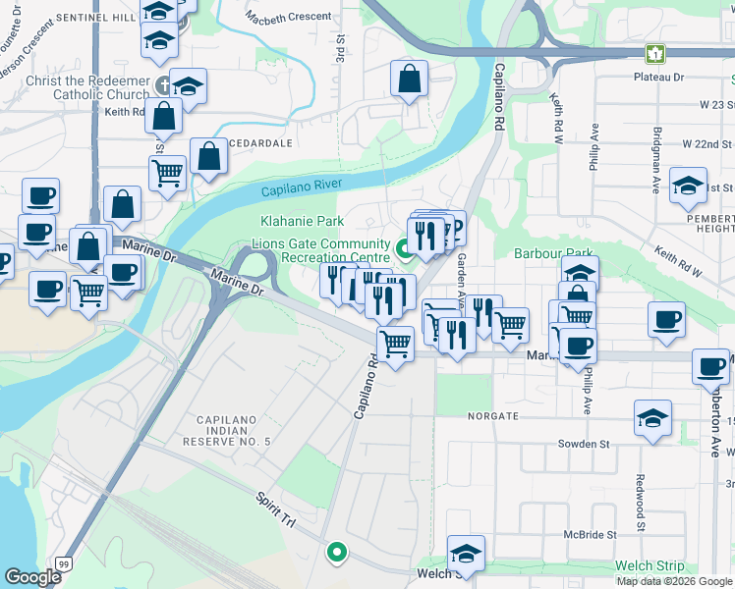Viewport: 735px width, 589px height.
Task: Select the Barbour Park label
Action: point(551,253)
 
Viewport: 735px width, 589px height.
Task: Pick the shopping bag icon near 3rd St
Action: point(409,80)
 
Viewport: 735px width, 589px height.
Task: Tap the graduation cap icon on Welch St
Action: point(466,551)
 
